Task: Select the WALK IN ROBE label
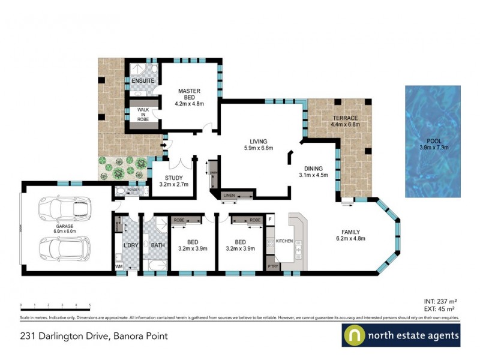(x=143, y=114)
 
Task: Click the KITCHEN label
(x=284, y=241)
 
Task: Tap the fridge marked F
(x=270, y=220)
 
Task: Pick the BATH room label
(x=158, y=245)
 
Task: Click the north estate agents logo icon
(x=354, y=335)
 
